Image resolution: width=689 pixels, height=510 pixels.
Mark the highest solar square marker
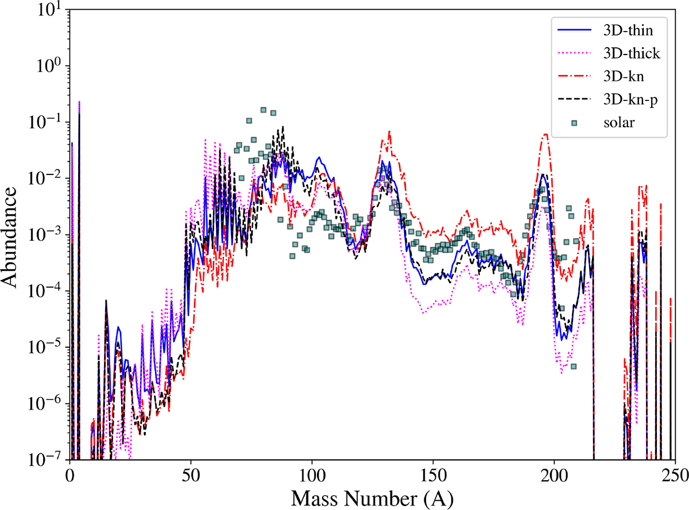pos(264,110)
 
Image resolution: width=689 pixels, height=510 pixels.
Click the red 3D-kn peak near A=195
pos(545,134)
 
